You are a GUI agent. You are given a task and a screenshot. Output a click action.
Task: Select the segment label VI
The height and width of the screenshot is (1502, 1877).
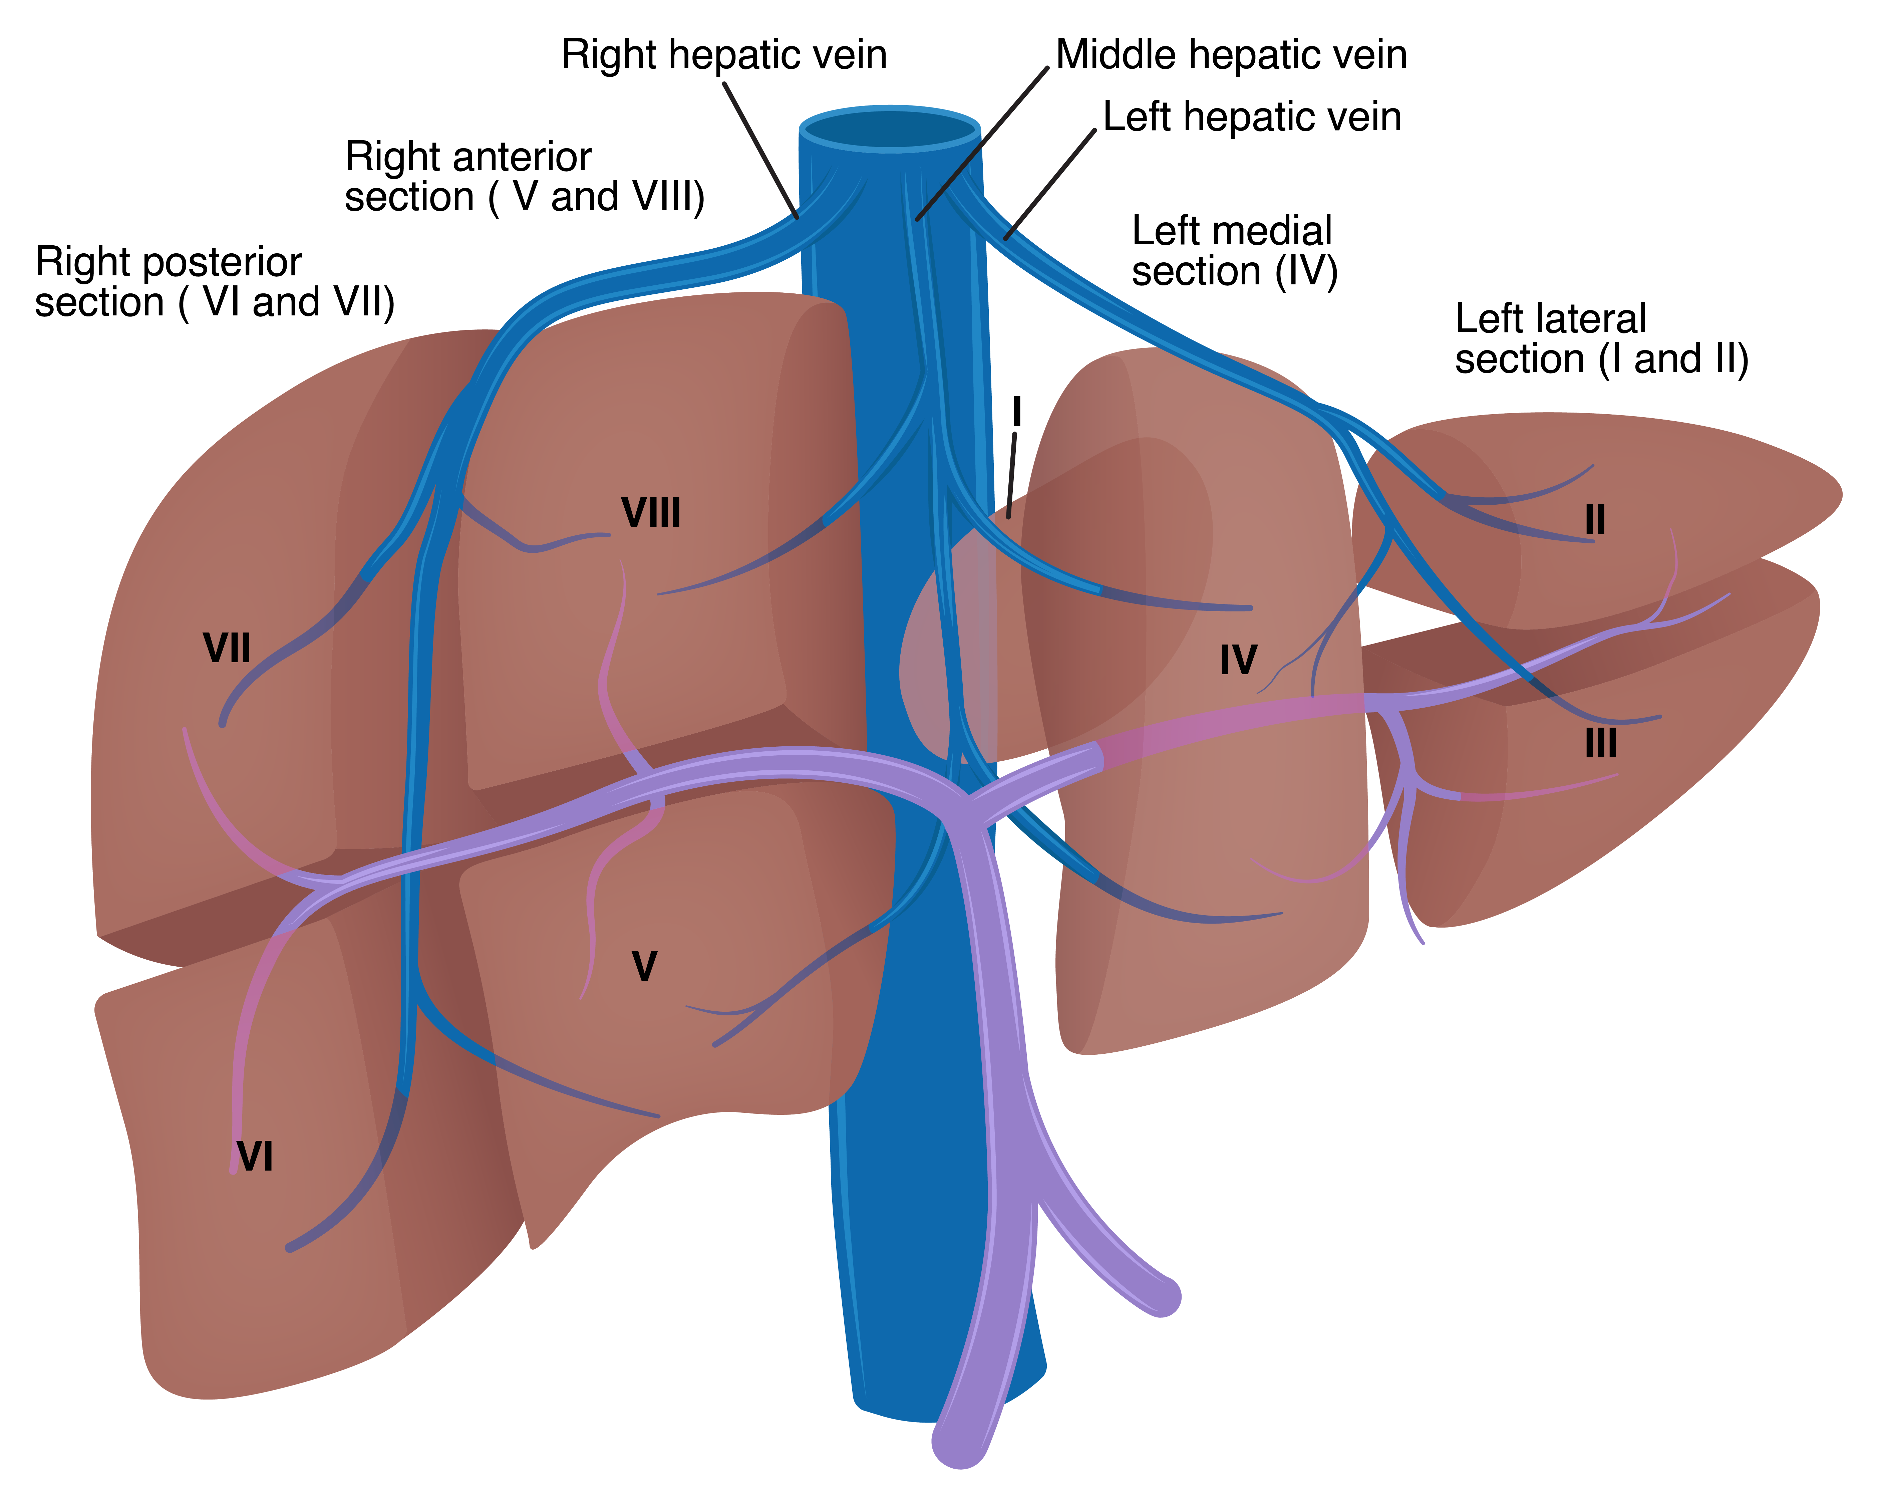[255, 1156]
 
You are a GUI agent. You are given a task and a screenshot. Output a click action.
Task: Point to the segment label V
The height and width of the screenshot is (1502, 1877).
[644, 967]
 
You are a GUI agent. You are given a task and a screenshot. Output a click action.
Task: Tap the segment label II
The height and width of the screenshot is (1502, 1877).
[1595, 521]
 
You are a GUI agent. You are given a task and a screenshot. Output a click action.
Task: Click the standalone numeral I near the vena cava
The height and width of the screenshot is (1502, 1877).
[1016, 412]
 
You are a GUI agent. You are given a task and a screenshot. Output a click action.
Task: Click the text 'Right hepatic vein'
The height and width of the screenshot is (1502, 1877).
[723, 55]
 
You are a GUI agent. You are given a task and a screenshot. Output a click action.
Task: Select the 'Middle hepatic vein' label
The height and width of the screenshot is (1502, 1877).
[1231, 55]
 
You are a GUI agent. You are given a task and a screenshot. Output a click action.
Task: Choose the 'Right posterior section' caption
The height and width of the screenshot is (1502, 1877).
[214, 282]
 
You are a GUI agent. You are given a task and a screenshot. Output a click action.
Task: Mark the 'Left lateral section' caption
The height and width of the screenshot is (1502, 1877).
[1601, 339]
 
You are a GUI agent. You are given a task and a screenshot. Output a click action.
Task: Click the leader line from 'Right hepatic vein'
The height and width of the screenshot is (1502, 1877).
[760, 150]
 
